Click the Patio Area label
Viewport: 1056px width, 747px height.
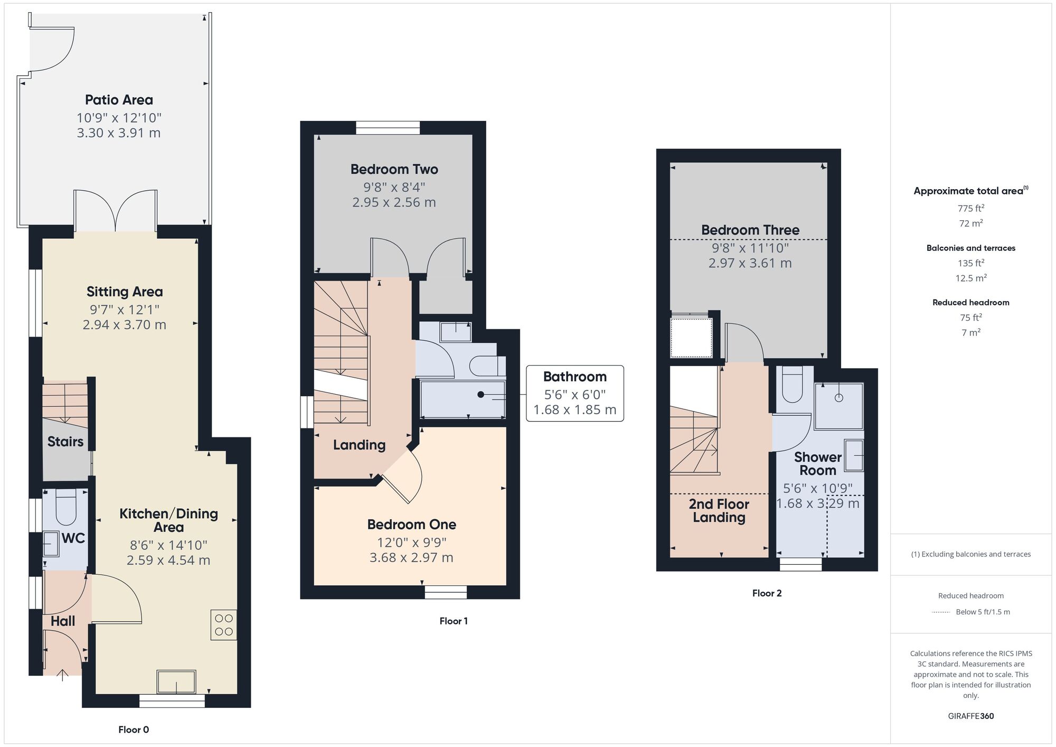pyautogui.click(x=119, y=100)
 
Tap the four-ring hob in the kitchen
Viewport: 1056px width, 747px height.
pyautogui.click(x=224, y=625)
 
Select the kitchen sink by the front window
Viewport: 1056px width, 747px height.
pyautogui.click(x=176, y=681)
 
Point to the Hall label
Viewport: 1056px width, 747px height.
pyautogui.click(x=63, y=621)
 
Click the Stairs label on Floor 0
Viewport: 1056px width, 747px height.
pyautogui.click(x=65, y=442)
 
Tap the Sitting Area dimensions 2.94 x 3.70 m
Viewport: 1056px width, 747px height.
pyautogui.click(x=124, y=325)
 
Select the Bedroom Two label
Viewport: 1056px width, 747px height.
pyautogui.click(x=394, y=170)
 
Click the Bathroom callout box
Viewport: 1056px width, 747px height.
pyautogui.click(x=574, y=393)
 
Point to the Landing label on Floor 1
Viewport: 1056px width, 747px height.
pyautogui.click(x=359, y=445)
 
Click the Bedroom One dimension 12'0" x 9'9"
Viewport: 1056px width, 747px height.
pyautogui.click(x=411, y=543)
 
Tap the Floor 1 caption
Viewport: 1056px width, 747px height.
pyautogui.click(x=453, y=621)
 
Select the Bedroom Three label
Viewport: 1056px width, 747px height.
pyautogui.click(x=750, y=230)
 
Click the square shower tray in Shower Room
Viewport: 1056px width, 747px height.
pyautogui.click(x=838, y=406)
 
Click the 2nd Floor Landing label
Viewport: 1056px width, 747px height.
pyautogui.click(x=719, y=511)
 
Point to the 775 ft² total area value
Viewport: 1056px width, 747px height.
pyautogui.click(x=970, y=208)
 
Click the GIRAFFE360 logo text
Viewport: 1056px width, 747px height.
pyautogui.click(x=970, y=716)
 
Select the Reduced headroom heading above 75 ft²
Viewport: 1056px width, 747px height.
pyautogui.click(x=970, y=303)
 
